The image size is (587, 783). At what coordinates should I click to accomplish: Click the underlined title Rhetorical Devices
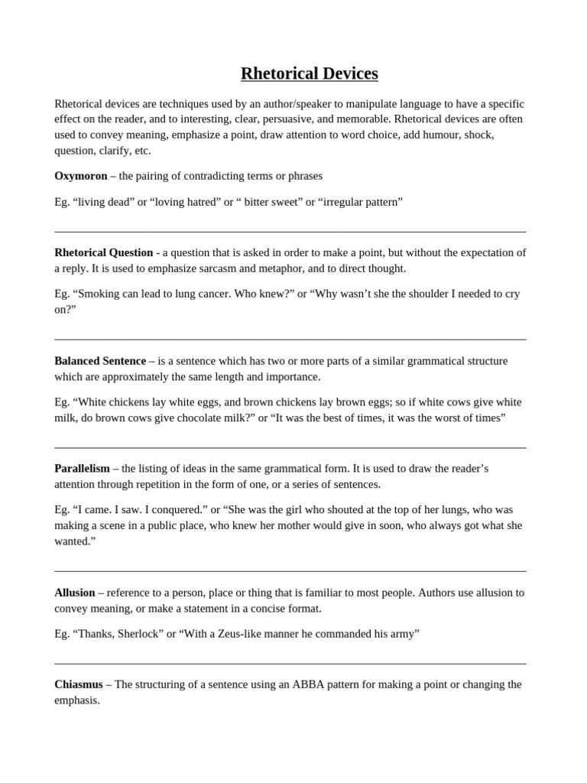(309, 74)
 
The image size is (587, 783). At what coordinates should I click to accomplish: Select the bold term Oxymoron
(81, 176)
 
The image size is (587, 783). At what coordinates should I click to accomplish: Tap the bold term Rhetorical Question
(103, 252)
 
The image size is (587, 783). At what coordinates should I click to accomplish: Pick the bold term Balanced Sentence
(100, 361)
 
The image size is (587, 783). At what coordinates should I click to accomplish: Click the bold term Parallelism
(82, 469)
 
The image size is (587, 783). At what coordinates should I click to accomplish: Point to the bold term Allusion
(75, 593)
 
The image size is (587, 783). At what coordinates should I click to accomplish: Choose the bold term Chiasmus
(78, 684)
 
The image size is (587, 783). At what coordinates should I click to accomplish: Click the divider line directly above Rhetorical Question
(290, 231)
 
